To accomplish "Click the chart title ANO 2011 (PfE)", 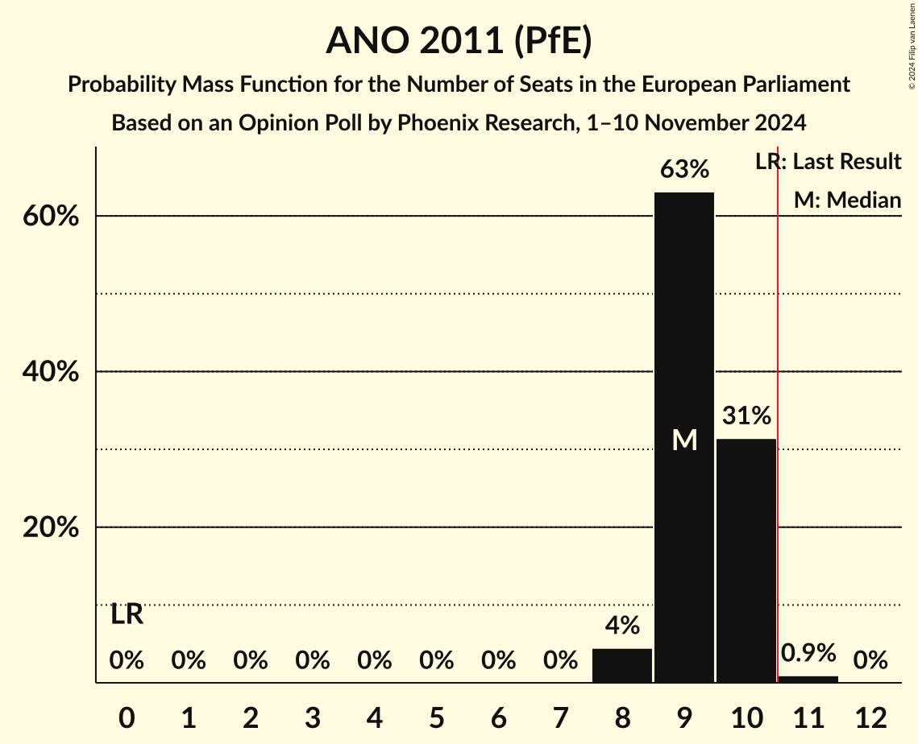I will click(x=459, y=40).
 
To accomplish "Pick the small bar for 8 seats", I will click(x=622, y=666).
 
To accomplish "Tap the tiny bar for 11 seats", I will click(x=808, y=679).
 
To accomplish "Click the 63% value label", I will click(x=684, y=170).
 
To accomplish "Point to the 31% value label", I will click(x=746, y=416).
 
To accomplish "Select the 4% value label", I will click(x=622, y=626).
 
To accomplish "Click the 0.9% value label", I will click(x=808, y=653).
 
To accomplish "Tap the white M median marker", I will click(x=684, y=440).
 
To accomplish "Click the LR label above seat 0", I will click(x=127, y=615).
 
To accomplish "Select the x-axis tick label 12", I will click(x=870, y=717).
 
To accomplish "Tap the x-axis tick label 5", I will click(x=436, y=717).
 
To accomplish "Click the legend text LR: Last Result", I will click(x=828, y=162).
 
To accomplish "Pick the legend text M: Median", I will click(x=847, y=200).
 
